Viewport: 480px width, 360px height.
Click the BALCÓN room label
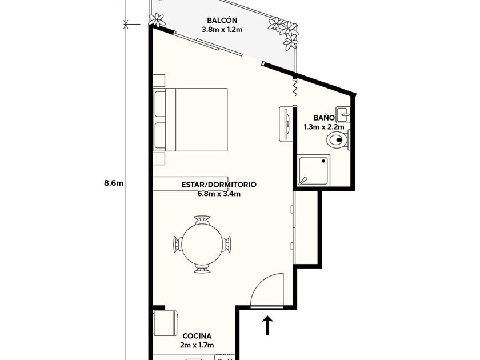coord(218,19)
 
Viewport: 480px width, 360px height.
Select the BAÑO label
coord(323,117)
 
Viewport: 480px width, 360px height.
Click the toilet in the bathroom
coord(337,139)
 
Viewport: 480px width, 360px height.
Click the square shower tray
coord(314,170)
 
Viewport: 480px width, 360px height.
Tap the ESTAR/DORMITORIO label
coord(218,185)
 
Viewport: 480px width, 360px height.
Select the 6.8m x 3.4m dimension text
coord(218,194)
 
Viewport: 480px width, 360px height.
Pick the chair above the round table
coord(202,220)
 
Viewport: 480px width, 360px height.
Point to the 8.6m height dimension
coord(114,183)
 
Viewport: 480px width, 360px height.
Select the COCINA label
coord(197,336)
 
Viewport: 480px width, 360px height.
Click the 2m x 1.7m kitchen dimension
coord(197,345)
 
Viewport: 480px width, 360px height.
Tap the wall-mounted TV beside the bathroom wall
coord(285,123)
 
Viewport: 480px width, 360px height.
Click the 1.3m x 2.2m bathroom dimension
coord(323,126)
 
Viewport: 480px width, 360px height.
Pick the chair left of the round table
coord(177,244)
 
